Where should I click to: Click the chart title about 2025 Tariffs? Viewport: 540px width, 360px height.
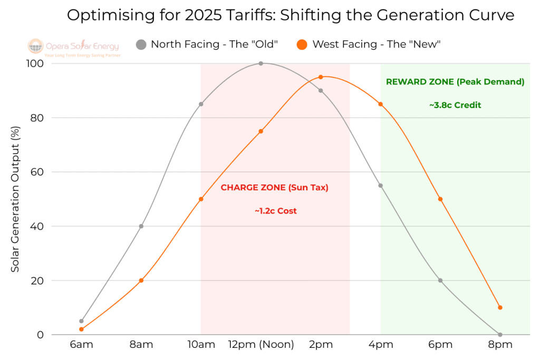click(291, 15)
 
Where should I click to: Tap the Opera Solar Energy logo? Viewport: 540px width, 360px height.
click(74, 47)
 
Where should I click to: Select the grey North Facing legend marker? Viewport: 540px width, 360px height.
click(141, 44)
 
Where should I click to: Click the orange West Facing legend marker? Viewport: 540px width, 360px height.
click(302, 44)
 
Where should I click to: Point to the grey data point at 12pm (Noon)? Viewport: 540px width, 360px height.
click(261, 63)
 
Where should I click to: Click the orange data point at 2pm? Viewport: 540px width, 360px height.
click(321, 77)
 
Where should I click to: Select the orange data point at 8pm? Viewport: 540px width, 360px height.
click(500, 307)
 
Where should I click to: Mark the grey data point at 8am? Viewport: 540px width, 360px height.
click(141, 226)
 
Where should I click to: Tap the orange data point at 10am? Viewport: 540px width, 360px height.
click(201, 199)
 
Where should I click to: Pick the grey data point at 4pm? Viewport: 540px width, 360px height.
click(380, 186)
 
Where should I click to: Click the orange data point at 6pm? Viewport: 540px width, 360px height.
click(440, 199)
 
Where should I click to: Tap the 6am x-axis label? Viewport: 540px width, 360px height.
click(81, 345)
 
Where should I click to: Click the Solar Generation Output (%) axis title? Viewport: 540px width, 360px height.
click(15, 199)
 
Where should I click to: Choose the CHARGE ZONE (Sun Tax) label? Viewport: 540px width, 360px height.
click(274, 188)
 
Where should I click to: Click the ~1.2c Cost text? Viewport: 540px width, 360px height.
click(275, 211)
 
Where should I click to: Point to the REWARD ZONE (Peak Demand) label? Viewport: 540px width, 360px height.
click(455, 82)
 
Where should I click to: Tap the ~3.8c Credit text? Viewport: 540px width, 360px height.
click(455, 105)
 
